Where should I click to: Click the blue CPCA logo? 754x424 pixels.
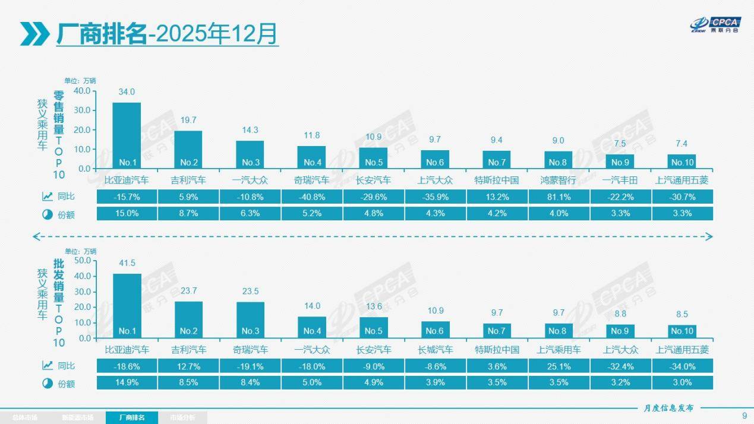[713, 24]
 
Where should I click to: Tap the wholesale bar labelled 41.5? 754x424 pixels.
[127, 306]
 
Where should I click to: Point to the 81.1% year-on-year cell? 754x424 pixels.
[558, 197]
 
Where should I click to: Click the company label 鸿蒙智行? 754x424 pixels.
[558, 180]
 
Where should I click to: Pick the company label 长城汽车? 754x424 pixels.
[435, 350]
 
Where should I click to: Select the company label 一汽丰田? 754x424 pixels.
[620, 180]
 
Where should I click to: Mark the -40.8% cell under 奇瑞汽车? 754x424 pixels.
[311, 197]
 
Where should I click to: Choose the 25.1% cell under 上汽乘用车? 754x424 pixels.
[558, 366]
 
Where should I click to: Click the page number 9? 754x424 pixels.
[744, 415]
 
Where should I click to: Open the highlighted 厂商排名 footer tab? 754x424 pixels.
[132, 417]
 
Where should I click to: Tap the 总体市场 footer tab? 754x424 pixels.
[24, 418]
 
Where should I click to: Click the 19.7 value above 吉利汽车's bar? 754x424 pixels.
[188, 120]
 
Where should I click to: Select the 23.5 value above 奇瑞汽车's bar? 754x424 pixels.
[250, 291]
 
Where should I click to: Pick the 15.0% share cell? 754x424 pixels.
[127, 214]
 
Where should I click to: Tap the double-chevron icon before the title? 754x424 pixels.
[34, 34]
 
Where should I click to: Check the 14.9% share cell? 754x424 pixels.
[127, 383]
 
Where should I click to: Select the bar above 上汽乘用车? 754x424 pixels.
[558, 331]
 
